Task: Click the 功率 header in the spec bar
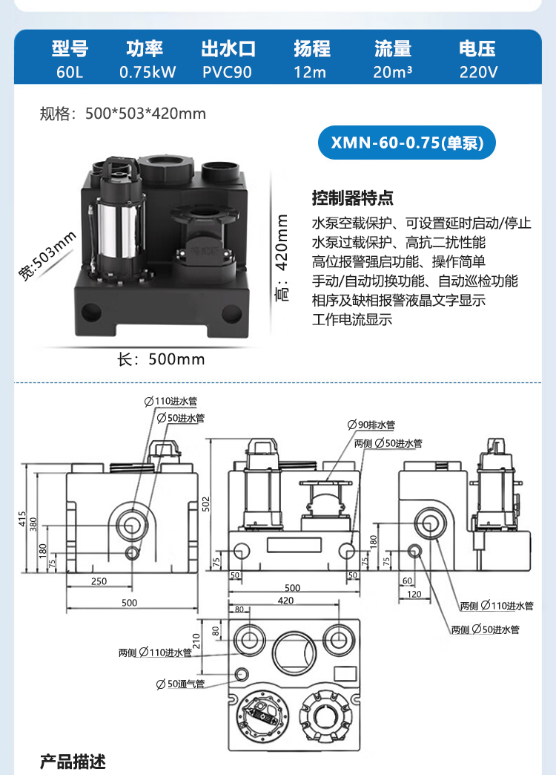tap(145, 49)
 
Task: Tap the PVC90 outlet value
tap(228, 73)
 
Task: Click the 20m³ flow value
tap(393, 73)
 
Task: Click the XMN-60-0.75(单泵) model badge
tap(406, 143)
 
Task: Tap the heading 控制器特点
tap(353, 199)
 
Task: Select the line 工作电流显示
tap(352, 320)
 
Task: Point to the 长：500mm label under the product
tap(162, 359)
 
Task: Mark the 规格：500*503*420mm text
tap(123, 114)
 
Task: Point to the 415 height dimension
tap(23, 517)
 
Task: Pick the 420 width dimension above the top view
tap(285, 601)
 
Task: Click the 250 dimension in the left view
tap(99, 581)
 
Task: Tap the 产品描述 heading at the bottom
tap(73, 762)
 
